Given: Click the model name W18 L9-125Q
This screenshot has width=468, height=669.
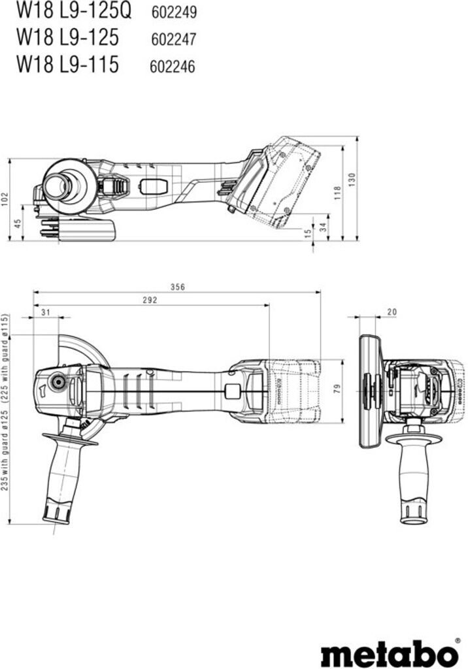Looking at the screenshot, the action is point(74,11).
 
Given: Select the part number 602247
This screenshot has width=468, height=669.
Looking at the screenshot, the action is point(173,39).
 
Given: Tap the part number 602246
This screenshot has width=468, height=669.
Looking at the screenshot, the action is point(173,66).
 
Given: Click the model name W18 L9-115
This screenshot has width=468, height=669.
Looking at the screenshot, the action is point(67,65).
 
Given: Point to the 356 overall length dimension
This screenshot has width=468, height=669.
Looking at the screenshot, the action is point(178,287).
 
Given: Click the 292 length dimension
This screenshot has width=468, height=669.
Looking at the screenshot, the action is point(150,300).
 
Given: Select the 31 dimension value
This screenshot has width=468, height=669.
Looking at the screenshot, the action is point(46,312).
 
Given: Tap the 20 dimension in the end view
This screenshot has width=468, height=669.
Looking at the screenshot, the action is point(392,312).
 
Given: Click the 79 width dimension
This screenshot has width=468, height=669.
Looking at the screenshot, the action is point(337,389).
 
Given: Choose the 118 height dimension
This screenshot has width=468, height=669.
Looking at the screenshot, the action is point(337,193).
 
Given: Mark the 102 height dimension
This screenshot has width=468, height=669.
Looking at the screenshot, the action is point(5,199).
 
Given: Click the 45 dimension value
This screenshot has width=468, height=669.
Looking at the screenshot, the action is point(18,223).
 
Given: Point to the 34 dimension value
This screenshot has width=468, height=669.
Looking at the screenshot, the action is point(324,226).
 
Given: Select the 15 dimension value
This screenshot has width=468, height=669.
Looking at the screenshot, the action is point(307,233).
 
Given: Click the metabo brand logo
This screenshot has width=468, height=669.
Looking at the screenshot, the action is point(390,651).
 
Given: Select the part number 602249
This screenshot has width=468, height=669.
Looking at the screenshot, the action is point(175,12).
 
